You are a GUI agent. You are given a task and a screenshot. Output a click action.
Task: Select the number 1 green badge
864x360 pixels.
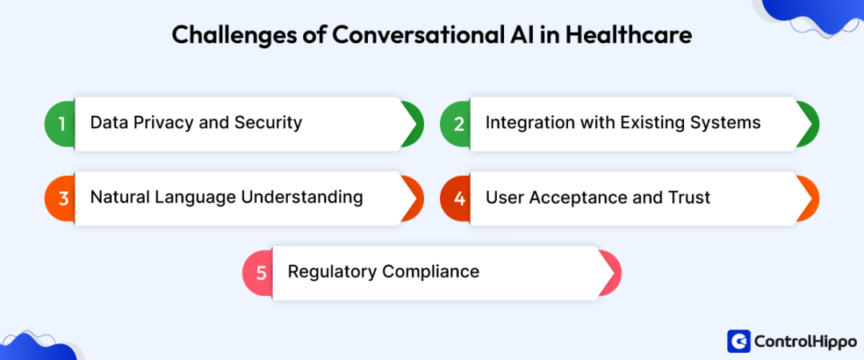coord(60,123)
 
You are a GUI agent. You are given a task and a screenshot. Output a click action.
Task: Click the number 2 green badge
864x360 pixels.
coord(458,123)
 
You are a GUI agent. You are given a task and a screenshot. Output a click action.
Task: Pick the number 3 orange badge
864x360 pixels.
coord(60,198)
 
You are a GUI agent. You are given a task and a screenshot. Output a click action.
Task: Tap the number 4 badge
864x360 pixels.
coord(458,198)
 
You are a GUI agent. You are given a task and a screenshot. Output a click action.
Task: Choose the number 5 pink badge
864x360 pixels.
coord(259,272)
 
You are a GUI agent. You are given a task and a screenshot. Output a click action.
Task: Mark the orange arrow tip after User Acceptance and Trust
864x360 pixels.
coord(809,198)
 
